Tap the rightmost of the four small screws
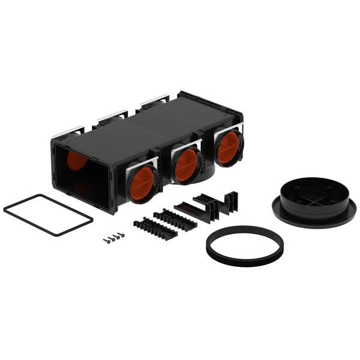(122, 235)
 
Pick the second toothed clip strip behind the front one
(176, 220)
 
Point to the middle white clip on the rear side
(113, 113)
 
